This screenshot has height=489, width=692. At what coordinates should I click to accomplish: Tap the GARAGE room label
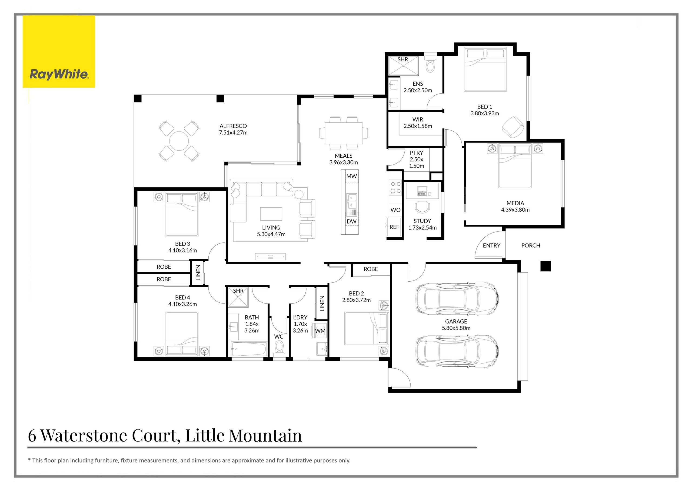coord(456,321)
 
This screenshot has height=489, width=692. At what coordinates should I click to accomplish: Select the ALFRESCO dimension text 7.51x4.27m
coord(233,133)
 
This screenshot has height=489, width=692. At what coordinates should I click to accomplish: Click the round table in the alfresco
coord(179,141)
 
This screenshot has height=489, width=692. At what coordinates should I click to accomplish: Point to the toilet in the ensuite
coord(430,63)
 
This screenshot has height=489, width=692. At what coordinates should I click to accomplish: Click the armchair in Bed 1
coord(513,127)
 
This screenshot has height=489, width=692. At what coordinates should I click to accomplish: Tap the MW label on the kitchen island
coord(351,176)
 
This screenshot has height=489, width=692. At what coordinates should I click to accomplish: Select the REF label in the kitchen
coord(394,227)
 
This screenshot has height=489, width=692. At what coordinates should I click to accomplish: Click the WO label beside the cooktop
coord(395,210)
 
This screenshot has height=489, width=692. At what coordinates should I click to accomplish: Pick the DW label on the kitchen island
coord(351,221)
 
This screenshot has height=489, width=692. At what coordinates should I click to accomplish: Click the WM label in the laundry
coord(320,331)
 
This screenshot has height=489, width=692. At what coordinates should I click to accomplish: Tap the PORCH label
coord(531,245)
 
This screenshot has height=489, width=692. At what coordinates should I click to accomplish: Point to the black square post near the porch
coord(545,266)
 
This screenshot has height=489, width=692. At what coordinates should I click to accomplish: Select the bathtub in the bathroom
coord(249,349)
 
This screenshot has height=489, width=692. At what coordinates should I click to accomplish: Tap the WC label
coord(279,337)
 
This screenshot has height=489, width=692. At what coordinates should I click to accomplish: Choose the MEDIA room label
coord(515,203)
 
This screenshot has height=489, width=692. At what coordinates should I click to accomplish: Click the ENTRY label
coord(492,245)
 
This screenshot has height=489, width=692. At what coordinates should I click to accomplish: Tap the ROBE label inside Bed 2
coord(371,269)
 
